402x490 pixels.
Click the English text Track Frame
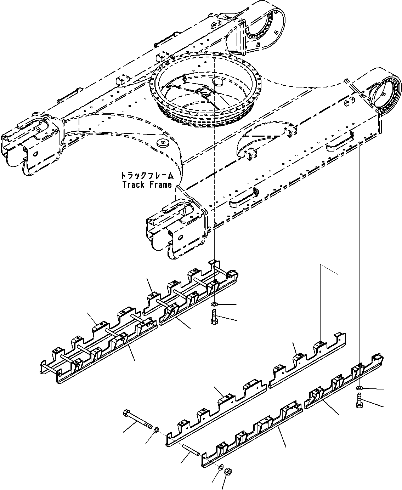[147, 185]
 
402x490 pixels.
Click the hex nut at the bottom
[229, 471]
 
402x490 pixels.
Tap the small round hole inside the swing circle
[216, 82]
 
